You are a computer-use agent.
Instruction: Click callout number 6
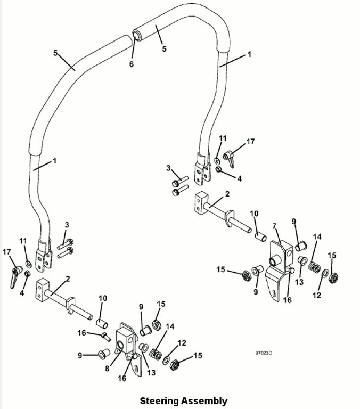(x=132, y=64)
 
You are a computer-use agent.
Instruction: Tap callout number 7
(x=275, y=227)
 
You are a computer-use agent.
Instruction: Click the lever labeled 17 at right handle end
(x=230, y=157)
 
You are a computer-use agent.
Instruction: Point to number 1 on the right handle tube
(x=249, y=55)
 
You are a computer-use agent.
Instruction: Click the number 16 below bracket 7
(x=287, y=300)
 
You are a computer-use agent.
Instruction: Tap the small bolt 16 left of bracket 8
(x=105, y=336)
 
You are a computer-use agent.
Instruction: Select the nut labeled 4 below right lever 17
(x=219, y=170)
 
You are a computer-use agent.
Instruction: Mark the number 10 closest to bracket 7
(x=254, y=214)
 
